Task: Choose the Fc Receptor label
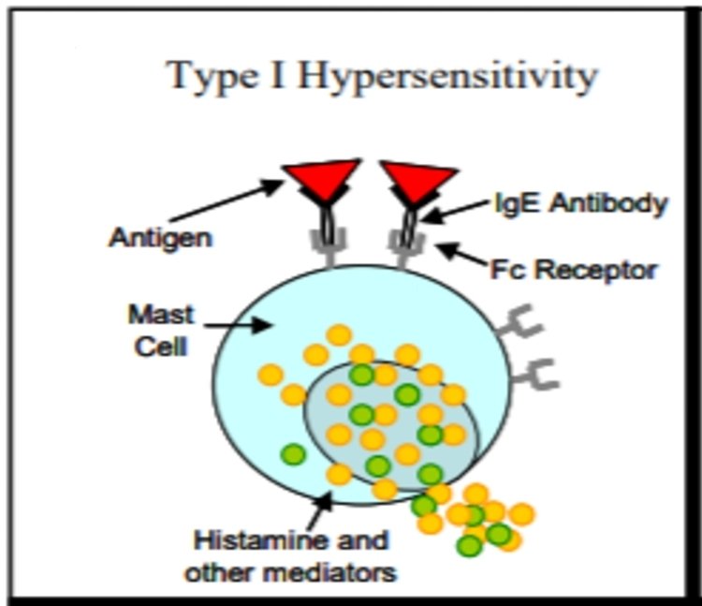(574, 271)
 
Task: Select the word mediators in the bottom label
(338, 570)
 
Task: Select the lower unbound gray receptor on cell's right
(537, 375)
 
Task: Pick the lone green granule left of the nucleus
(294, 454)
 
